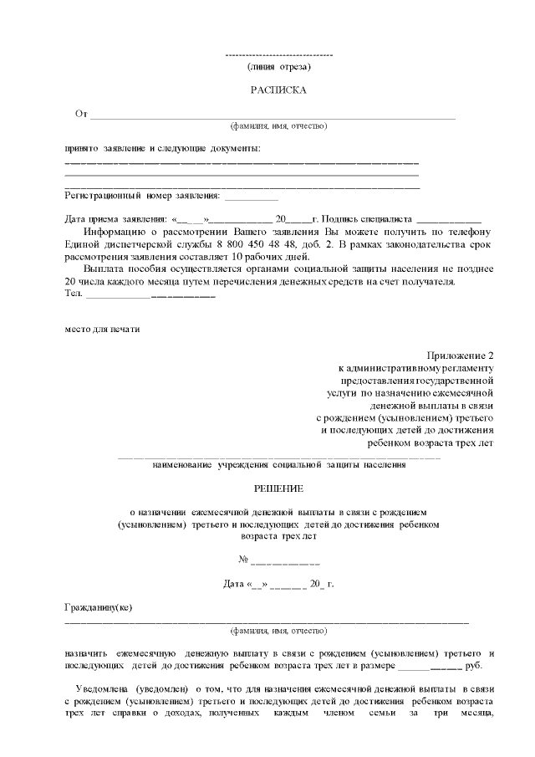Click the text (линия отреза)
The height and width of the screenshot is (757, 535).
[279, 65]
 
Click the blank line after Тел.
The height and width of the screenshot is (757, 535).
[150, 294]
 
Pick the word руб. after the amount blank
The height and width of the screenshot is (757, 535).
[474, 666]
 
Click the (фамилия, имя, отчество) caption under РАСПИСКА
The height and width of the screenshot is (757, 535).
[278, 125]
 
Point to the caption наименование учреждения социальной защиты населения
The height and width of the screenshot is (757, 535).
[278, 464]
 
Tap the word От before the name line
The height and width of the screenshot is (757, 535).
[81, 113]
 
